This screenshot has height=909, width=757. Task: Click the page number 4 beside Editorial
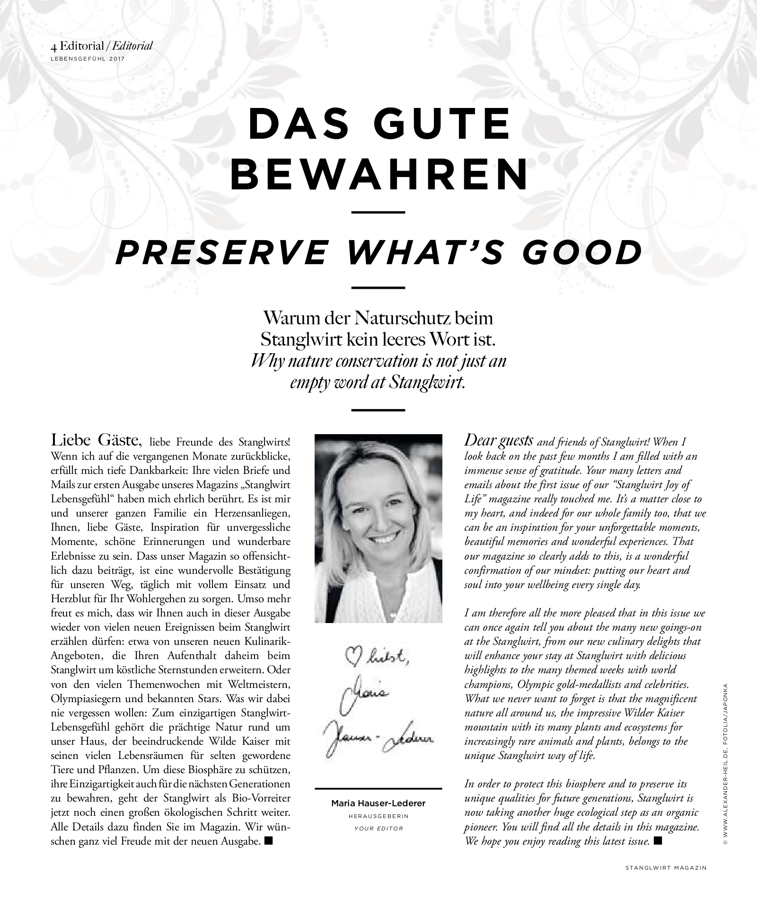[x=54, y=46]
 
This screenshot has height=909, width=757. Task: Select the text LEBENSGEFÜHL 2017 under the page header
[x=88, y=59]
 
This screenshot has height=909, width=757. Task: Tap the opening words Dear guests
[x=499, y=441]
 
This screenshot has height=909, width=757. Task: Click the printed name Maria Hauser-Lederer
[x=378, y=803]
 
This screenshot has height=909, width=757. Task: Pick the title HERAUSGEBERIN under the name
[x=378, y=816]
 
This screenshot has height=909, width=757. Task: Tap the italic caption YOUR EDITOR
[x=378, y=829]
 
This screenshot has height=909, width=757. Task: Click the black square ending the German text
[x=269, y=841]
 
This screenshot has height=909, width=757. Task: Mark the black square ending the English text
[x=657, y=841]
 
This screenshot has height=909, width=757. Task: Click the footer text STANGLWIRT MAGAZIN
[x=666, y=868]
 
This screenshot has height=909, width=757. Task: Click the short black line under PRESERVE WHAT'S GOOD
[x=378, y=287]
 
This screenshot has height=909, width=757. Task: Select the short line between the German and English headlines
[x=378, y=212]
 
